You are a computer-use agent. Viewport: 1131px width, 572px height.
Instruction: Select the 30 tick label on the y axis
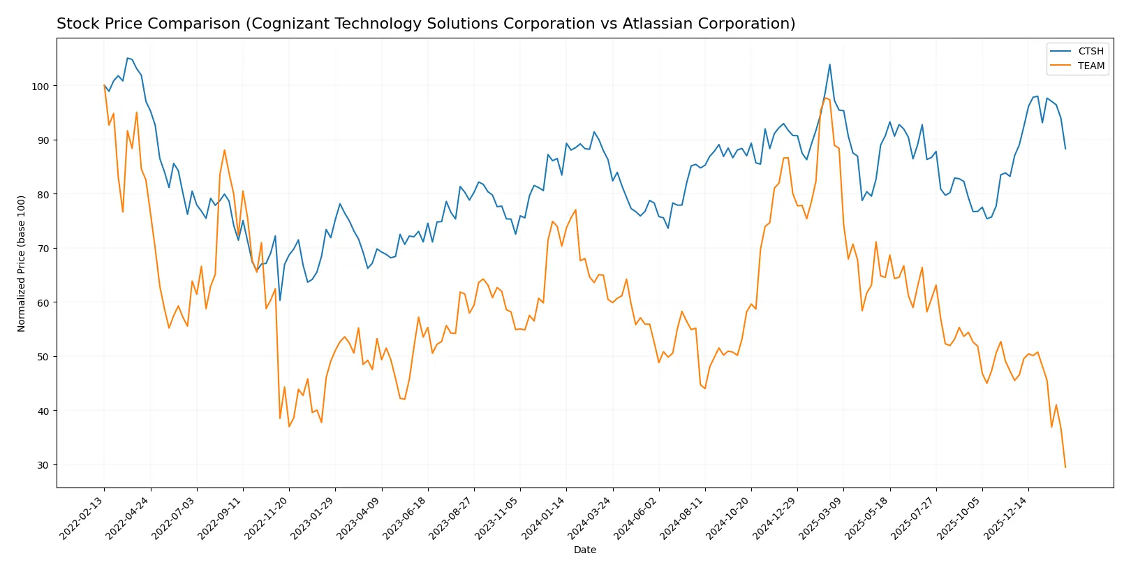pos(42,465)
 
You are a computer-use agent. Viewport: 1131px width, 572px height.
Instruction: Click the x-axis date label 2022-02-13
pos(82,518)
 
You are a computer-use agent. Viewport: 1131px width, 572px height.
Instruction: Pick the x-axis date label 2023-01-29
pos(313,518)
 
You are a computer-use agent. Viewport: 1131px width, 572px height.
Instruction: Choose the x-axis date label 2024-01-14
pos(545,518)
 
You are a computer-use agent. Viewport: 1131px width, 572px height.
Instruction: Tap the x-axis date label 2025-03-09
pos(822,518)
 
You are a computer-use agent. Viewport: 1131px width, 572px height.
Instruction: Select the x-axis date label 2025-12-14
pos(1007,518)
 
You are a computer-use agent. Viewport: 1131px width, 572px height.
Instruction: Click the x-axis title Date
pos(584,550)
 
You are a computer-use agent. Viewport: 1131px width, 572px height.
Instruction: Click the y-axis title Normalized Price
pos(22,263)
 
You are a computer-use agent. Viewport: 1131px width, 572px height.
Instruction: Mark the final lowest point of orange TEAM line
pos(1065,467)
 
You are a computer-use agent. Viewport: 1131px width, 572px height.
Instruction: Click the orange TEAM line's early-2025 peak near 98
pos(825,98)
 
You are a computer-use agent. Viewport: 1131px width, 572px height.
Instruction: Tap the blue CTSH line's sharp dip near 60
pos(280,300)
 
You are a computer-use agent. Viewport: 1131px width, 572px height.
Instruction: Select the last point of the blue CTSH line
pos(1065,149)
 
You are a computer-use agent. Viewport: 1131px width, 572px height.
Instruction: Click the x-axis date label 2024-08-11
pos(683,518)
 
